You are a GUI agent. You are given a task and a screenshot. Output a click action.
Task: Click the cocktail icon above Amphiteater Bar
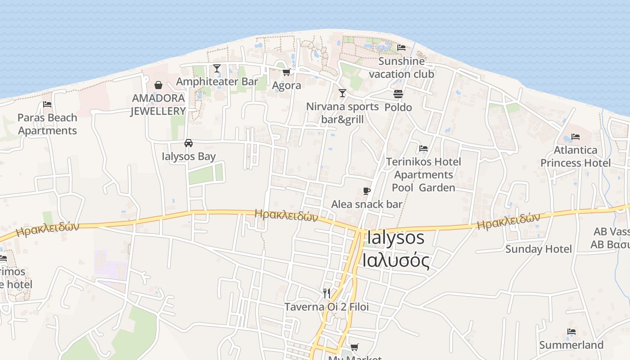(x=217, y=68)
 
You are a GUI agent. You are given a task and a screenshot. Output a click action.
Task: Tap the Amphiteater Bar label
(x=217, y=81)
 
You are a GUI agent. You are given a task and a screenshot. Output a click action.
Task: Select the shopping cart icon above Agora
(x=286, y=72)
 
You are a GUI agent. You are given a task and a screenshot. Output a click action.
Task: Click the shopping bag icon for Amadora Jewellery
(x=158, y=85)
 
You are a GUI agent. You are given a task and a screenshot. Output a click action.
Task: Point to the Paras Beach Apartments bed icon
(x=47, y=104)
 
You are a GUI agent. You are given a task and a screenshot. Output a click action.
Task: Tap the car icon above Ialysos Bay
(x=189, y=143)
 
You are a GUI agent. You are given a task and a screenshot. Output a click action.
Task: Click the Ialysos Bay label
(x=189, y=156)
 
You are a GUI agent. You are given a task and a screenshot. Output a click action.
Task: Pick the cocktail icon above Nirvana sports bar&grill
(x=342, y=93)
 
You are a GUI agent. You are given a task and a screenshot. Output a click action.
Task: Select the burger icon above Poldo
(x=398, y=94)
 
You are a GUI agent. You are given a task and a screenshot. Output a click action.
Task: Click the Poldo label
(x=398, y=107)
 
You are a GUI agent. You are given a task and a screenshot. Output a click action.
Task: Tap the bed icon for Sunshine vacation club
(x=401, y=48)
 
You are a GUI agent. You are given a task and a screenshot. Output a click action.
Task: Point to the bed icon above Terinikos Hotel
(x=423, y=148)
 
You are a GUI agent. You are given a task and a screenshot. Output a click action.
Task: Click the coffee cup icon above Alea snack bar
(x=367, y=191)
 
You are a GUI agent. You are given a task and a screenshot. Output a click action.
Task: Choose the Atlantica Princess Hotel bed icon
(x=575, y=137)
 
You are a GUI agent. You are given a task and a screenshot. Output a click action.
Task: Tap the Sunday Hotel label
(x=538, y=249)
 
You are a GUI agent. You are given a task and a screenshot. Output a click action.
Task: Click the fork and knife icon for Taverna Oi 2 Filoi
(x=327, y=293)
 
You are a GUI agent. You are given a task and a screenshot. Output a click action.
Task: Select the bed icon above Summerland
(x=571, y=332)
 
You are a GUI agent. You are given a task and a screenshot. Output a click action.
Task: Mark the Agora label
(x=287, y=85)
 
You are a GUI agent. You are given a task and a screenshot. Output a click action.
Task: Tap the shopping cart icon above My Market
(x=355, y=347)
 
